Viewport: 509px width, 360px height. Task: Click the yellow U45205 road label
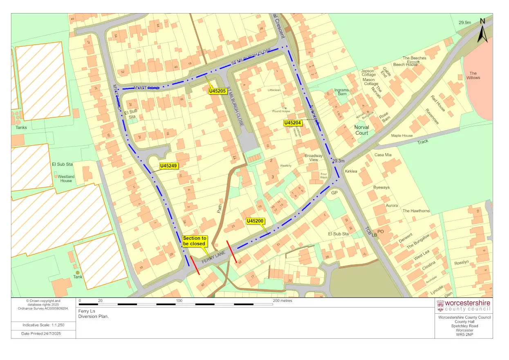[x=218, y=91]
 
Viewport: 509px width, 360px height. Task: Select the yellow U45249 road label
[x=168, y=166]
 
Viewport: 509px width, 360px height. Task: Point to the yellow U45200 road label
[x=255, y=221]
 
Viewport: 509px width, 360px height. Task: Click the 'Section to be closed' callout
[x=195, y=241]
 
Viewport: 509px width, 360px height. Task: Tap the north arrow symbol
[x=482, y=30]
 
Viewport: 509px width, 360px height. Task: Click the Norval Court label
[x=361, y=130]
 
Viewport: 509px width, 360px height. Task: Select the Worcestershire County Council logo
[x=464, y=306]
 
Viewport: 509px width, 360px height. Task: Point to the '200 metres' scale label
[x=283, y=301]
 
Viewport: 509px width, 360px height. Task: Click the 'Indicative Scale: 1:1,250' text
[x=43, y=325]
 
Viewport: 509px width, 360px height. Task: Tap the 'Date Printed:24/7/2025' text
[x=43, y=334]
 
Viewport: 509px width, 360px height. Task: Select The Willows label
[x=473, y=75]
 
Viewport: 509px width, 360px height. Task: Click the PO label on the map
[x=381, y=232]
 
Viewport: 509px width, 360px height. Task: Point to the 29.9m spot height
[x=465, y=22]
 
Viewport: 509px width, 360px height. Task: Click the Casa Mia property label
[x=383, y=155]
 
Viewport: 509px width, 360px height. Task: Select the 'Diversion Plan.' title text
[x=94, y=316]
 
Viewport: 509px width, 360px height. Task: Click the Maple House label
[x=402, y=135]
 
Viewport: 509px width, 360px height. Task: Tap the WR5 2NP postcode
[x=464, y=335]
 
